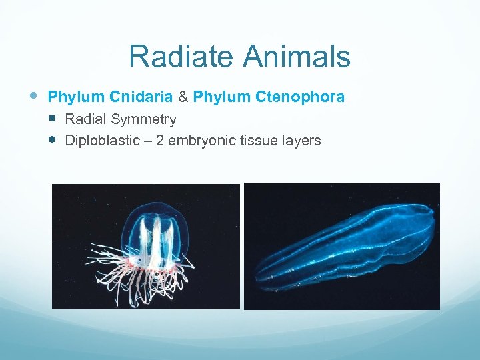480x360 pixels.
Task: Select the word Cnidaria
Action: [x=140, y=97]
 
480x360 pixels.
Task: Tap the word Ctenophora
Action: [x=299, y=97]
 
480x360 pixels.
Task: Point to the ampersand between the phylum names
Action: [x=183, y=97]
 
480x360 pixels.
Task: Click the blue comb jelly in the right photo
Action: [x=347, y=247]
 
